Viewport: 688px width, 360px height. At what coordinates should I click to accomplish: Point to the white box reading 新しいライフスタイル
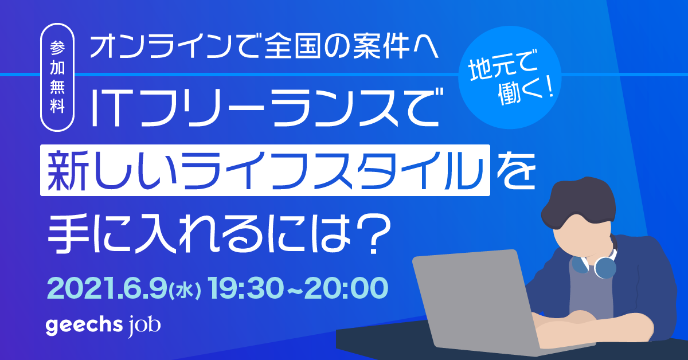click(x=265, y=170)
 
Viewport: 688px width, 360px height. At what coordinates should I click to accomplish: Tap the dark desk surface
click(x=367, y=344)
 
